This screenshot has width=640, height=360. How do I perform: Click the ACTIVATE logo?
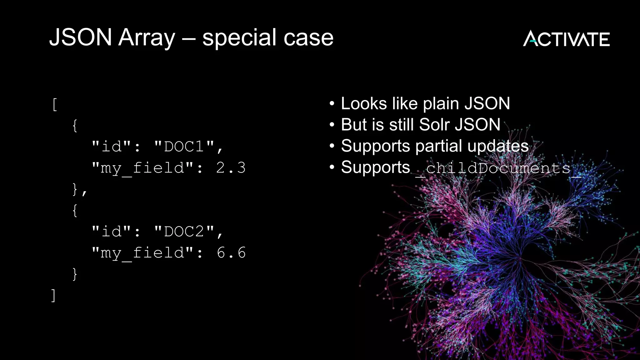click(566, 39)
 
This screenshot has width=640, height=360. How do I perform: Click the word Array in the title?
click(147, 37)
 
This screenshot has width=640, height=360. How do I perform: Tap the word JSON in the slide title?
click(81, 37)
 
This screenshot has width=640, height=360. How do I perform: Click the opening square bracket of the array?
click(55, 104)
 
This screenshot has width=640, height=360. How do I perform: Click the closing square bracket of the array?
click(53, 295)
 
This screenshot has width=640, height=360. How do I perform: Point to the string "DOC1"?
click(184, 146)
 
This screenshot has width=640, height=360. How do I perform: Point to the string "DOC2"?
click(184, 231)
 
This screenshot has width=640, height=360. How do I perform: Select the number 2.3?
click(231, 168)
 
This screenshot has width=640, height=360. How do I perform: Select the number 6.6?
click(231, 252)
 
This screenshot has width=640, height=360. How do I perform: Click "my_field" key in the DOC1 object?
click(142, 168)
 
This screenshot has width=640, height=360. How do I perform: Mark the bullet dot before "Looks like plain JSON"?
click(332, 104)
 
